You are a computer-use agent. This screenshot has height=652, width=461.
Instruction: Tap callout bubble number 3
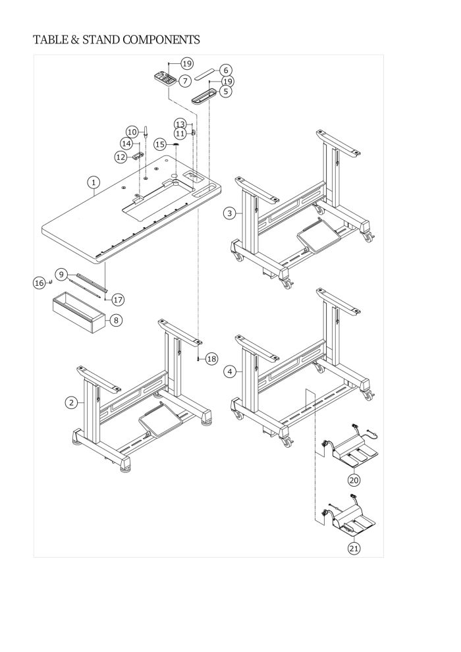pyautogui.click(x=229, y=213)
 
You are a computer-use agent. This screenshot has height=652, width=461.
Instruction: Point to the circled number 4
pyautogui.click(x=229, y=372)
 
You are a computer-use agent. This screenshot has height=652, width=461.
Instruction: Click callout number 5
pyautogui.click(x=226, y=92)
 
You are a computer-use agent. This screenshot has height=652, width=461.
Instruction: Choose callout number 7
pyautogui.click(x=184, y=80)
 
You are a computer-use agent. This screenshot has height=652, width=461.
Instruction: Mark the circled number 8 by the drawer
pyautogui.click(x=116, y=320)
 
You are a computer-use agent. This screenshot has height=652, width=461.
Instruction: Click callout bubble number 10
pyautogui.click(x=132, y=132)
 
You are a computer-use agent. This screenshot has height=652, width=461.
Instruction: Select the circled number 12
pyautogui.click(x=120, y=157)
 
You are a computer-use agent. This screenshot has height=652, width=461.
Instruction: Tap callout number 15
pyautogui.click(x=159, y=144)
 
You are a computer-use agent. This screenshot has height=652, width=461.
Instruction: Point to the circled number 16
pyautogui.click(x=39, y=283)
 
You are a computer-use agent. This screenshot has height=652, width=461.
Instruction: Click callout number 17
pyautogui.click(x=118, y=300)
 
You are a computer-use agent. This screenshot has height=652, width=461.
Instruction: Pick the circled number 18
pyautogui.click(x=211, y=359)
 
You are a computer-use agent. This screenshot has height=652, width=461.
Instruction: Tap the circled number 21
pyautogui.click(x=354, y=548)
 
